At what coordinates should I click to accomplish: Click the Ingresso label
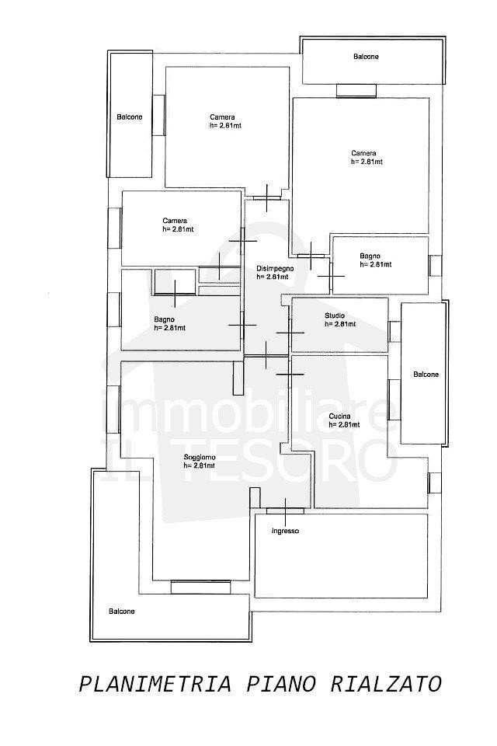pyautogui.click(x=285, y=531)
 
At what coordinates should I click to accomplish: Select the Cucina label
pyautogui.click(x=339, y=417)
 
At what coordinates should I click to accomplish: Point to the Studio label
pyautogui.click(x=335, y=315)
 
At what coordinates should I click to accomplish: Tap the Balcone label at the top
pyautogui.click(x=366, y=57)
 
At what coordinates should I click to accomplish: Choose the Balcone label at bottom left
pyautogui.click(x=121, y=612)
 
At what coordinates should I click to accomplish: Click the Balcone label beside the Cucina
pyautogui.click(x=426, y=375)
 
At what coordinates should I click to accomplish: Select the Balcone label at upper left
pyautogui.click(x=130, y=117)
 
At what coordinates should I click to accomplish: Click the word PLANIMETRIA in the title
pyautogui.click(x=155, y=685)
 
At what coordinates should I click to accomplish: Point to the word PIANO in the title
pyautogui.click(x=280, y=685)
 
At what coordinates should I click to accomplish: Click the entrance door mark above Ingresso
pyautogui.click(x=285, y=511)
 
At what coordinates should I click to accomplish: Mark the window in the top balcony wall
pyautogui.click(x=356, y=91)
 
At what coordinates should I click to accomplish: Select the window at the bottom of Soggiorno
pyautogui.click(x=200, y=587)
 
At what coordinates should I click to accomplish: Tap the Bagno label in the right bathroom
pyautogui.click(x=370, y=256)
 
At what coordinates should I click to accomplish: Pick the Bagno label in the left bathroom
pyautogui.click(x=164, y=319)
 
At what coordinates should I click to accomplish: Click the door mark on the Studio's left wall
pyautogui.click(x=290, y=333)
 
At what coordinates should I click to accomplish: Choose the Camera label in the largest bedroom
pyautogui.click(x=364, y=153)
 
